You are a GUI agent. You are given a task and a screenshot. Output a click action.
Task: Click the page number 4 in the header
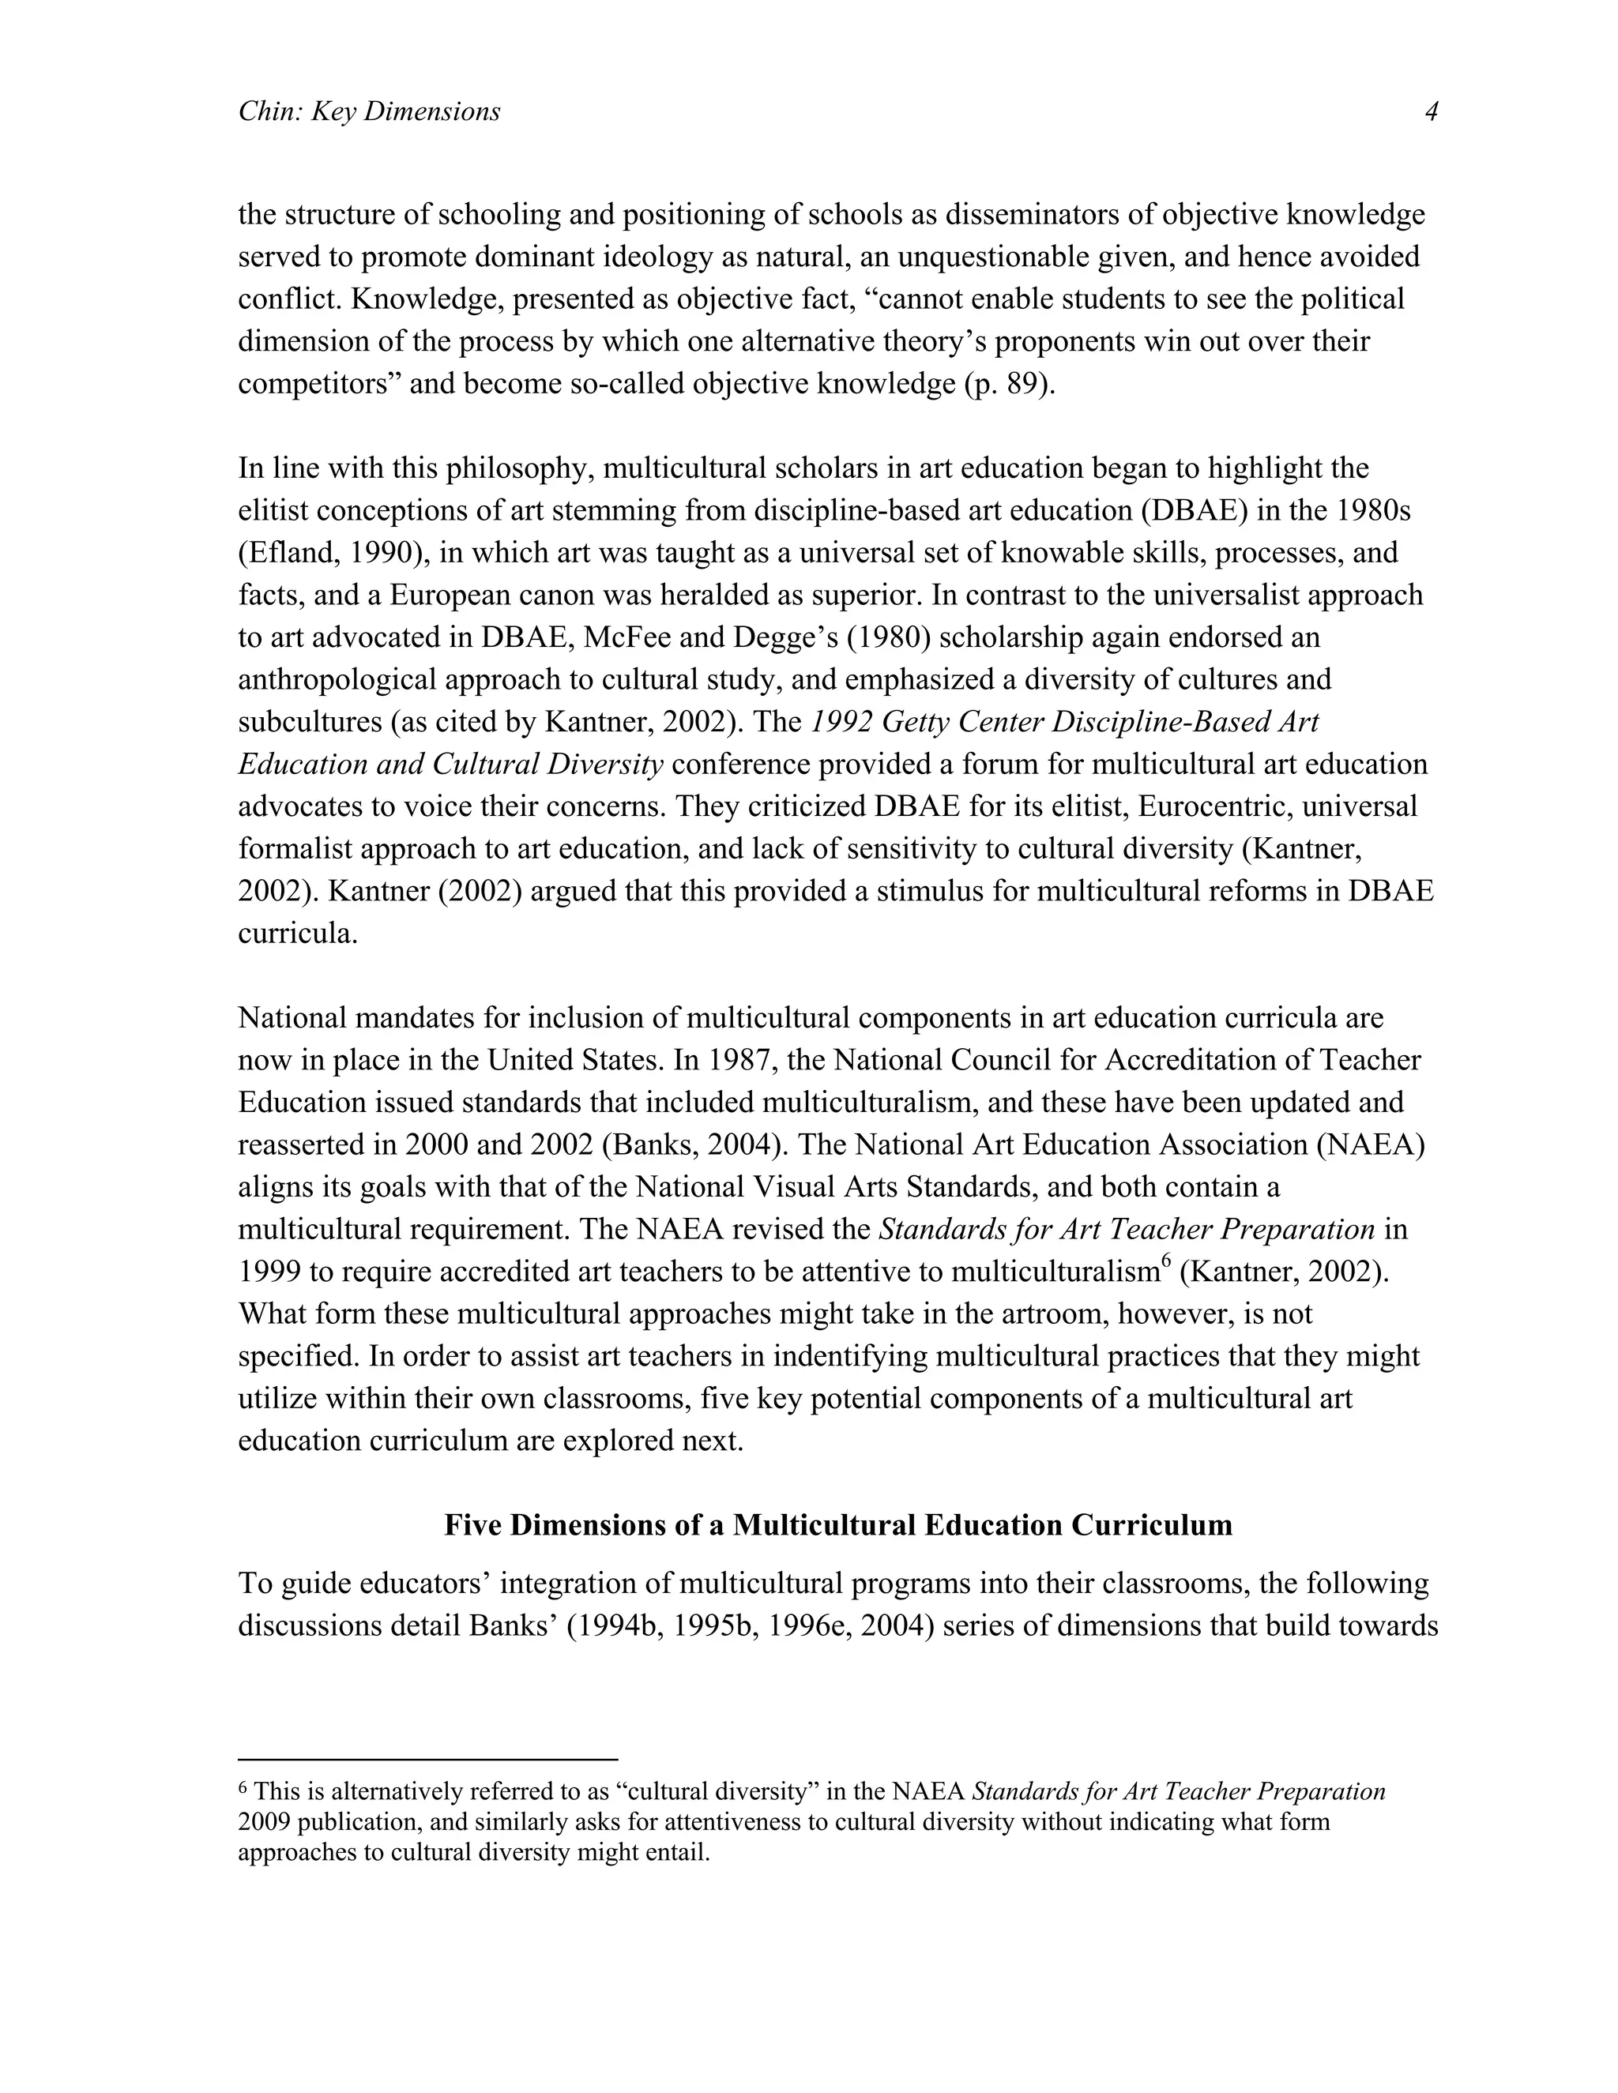pos(1431,112)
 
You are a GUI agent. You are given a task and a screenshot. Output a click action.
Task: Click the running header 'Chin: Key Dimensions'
pos(369,112)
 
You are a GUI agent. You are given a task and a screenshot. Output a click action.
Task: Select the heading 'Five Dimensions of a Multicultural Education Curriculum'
pos(837,1524)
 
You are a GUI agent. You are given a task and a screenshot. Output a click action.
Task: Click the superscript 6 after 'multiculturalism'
pos(1165,1263)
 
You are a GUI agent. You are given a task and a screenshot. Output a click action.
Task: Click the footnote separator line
pos(427,1760)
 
